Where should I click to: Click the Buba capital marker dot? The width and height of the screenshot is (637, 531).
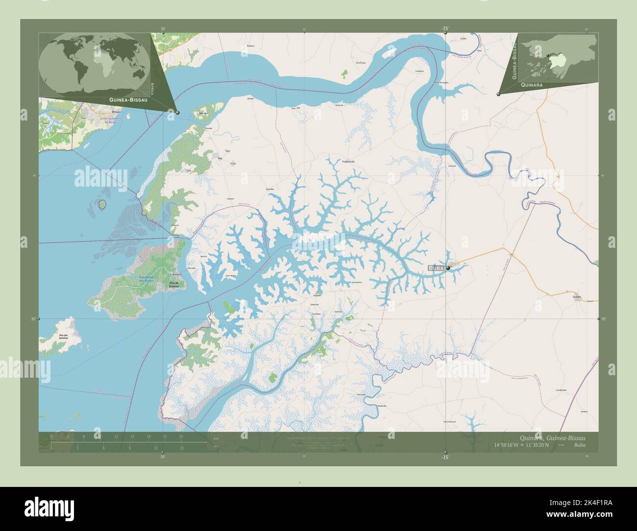tap(448, 268)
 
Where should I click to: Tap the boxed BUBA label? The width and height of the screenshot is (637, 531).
tap(436, 268)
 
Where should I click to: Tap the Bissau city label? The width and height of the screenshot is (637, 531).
tap(116, 112)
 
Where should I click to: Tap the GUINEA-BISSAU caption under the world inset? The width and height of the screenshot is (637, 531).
tap(122, 99)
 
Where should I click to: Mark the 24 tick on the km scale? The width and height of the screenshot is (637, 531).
tap(181, 436)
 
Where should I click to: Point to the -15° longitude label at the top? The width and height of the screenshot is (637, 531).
tap(445, 29)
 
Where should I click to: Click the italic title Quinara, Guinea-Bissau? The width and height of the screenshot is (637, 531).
tap(551, 437)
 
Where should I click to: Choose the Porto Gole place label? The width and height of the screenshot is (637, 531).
tap(361, 63)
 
